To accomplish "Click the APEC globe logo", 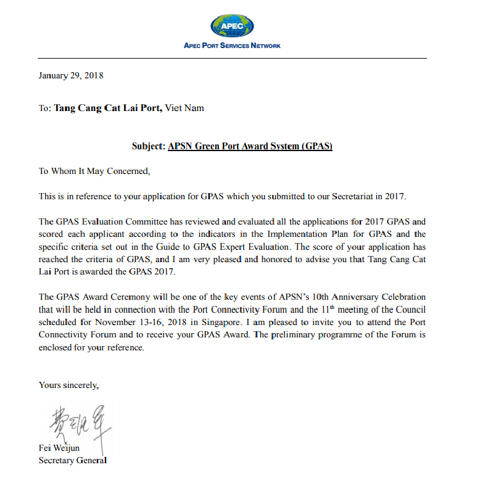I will click(232, 25).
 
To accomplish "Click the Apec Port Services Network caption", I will click(232, 46).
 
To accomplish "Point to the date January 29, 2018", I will click(71, 76).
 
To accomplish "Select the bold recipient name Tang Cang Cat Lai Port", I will click(109, 108).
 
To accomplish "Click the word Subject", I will click(148, 147).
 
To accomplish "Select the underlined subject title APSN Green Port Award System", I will click(250, 147).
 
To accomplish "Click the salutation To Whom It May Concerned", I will click(94, 171).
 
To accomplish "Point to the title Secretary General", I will click(73, 460).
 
